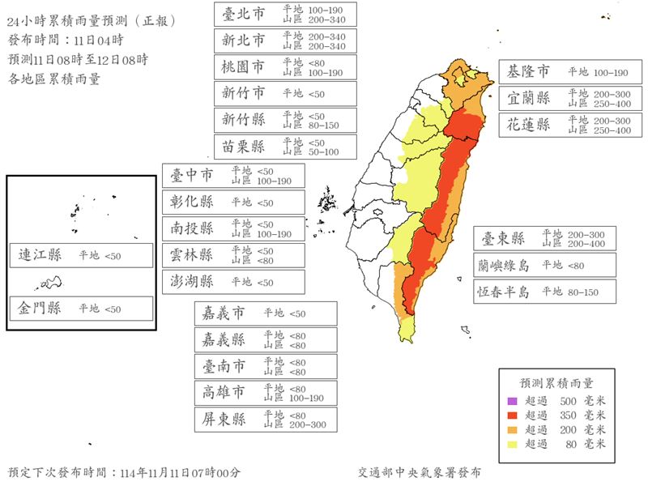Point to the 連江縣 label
pyautogui.click(x=40, y=256)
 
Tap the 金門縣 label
pyautogui.click(x=40, y=309)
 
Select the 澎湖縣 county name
pyautogui.click(x=192, y=282)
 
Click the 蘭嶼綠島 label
pyautogui.click(x=503, y=265)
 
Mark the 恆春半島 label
pyautogui.click(x=503, y=292)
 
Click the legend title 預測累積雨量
pyautogui.click(x=556, y=382)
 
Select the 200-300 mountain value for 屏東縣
pyautogui.click(x=307, y=424)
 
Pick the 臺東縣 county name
pyautogui.click(x=503, y=239)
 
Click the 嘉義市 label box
pyautogui.click(x=266, y=313)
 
